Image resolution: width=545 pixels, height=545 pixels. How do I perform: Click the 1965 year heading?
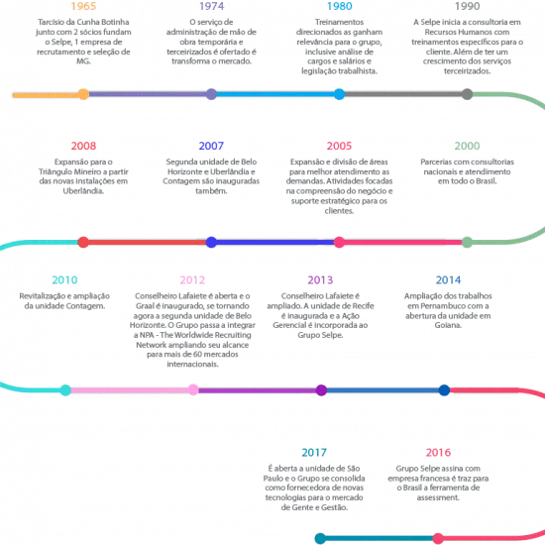(83, 6)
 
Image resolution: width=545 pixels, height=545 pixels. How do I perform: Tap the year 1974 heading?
(211, 6)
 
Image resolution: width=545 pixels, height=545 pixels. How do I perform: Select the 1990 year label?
(467, 6)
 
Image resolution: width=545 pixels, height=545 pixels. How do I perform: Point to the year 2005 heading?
(339, 146)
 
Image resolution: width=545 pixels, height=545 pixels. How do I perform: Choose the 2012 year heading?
(192, 279)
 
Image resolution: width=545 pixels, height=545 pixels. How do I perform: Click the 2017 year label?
(314, 452)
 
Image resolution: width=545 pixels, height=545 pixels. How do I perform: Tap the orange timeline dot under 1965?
(83, 94)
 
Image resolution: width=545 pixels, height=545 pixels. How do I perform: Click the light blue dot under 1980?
(339, 94)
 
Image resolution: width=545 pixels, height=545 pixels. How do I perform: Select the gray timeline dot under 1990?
(467, 94)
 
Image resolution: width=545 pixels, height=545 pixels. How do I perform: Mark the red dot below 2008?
(83, 242)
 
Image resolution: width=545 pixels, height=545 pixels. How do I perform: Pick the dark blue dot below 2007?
(211, 242)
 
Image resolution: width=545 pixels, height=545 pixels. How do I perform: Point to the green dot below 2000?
(467, 242)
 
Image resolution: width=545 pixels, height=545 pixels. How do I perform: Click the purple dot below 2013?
(321, 390)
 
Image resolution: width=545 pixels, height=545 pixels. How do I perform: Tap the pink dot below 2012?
(193, 390)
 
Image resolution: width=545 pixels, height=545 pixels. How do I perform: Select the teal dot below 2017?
(320, 538)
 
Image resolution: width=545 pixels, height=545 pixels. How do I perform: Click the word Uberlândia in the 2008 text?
(83, 191)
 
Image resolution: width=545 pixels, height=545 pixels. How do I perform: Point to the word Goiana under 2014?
(448, 325)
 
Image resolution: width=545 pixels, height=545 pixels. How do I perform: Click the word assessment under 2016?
(438, 497)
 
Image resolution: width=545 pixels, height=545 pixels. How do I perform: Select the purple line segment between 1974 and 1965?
(148, 94)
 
